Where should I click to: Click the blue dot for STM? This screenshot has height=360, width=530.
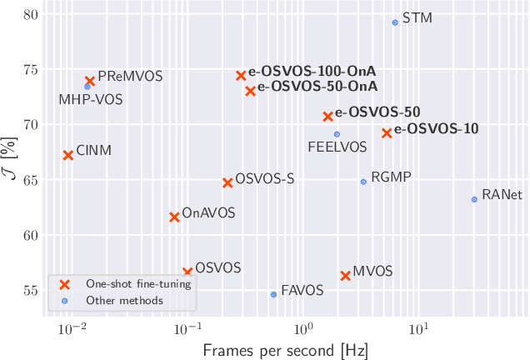(395, 22)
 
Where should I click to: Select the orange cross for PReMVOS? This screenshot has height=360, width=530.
(90, 81)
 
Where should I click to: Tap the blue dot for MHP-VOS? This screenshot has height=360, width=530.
(87, 87)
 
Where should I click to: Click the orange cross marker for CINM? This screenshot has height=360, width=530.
(68, 155)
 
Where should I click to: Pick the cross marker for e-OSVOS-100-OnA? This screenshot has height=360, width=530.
(241, 76)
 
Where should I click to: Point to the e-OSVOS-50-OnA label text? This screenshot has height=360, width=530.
(317, 86)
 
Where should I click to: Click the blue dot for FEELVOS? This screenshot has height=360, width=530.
(337, 134)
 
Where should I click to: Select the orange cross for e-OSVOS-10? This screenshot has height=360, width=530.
(387, 132)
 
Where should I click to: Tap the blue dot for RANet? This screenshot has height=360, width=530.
(474, 199)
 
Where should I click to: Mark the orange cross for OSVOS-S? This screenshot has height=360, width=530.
(227, 182)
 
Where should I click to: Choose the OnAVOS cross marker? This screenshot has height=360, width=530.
(174, 217)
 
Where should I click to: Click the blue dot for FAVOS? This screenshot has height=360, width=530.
(273, 294)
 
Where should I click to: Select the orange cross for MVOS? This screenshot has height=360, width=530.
(345, 275)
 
